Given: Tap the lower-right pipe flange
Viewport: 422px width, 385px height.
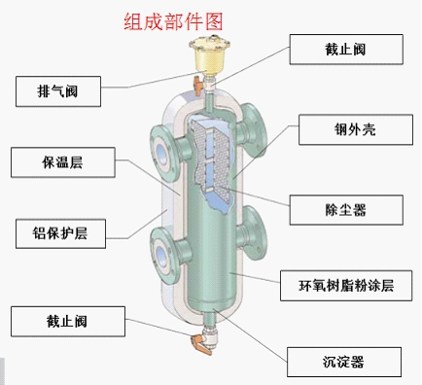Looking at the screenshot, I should coord(254,225).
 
